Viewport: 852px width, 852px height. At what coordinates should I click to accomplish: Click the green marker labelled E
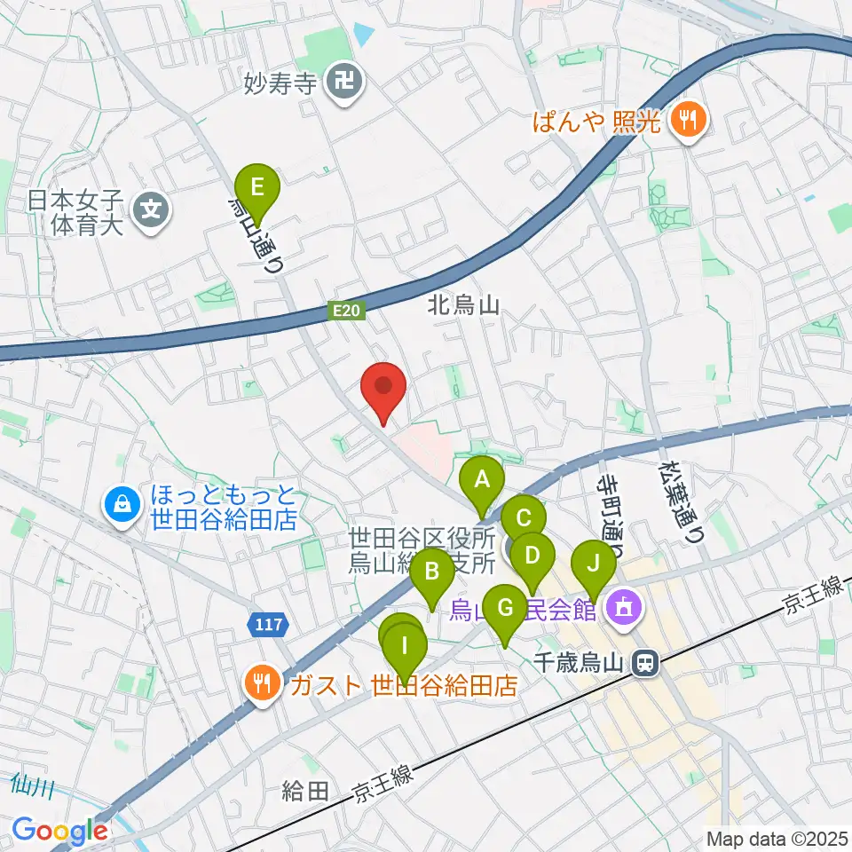click(x=257, y=189)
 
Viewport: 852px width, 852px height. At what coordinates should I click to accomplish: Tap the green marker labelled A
click(x=482, y=482)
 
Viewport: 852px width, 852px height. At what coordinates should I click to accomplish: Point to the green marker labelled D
click(x=532, y=557)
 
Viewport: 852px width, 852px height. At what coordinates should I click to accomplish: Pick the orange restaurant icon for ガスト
click(x=262, y=684)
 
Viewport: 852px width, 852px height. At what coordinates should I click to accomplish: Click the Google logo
click(x=60, y=831)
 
